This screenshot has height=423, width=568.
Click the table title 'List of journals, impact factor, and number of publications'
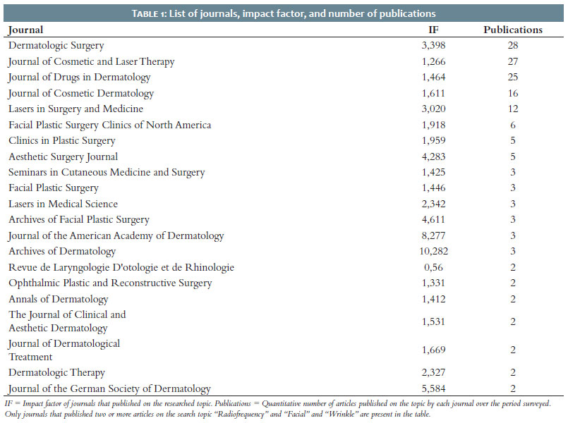(302, 14)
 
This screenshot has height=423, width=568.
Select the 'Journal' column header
(25, 30)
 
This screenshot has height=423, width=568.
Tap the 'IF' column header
(433, 30)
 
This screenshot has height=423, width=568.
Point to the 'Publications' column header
(513, 30)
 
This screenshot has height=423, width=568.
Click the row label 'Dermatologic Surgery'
(56, 46)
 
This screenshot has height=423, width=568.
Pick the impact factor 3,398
(434, 45)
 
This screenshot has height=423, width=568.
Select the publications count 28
(513, 45)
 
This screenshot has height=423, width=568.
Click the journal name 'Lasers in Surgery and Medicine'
(75, 109)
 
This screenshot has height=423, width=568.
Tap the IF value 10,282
(434, 251)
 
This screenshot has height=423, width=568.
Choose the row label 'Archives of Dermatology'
(62, 252)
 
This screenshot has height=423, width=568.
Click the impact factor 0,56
(434, 267)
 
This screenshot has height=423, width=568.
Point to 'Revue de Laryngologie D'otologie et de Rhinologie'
(121, 268)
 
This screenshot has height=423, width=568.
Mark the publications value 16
(513, 93)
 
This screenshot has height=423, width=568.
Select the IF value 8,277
(434, 235)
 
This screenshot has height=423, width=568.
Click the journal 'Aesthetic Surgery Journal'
(63, 157)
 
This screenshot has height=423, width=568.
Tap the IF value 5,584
(434, 388)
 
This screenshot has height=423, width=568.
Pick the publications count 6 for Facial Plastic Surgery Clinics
(513, 125)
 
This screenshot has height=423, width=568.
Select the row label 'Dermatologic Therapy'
(56, 373)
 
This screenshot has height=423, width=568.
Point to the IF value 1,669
(434, 350)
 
